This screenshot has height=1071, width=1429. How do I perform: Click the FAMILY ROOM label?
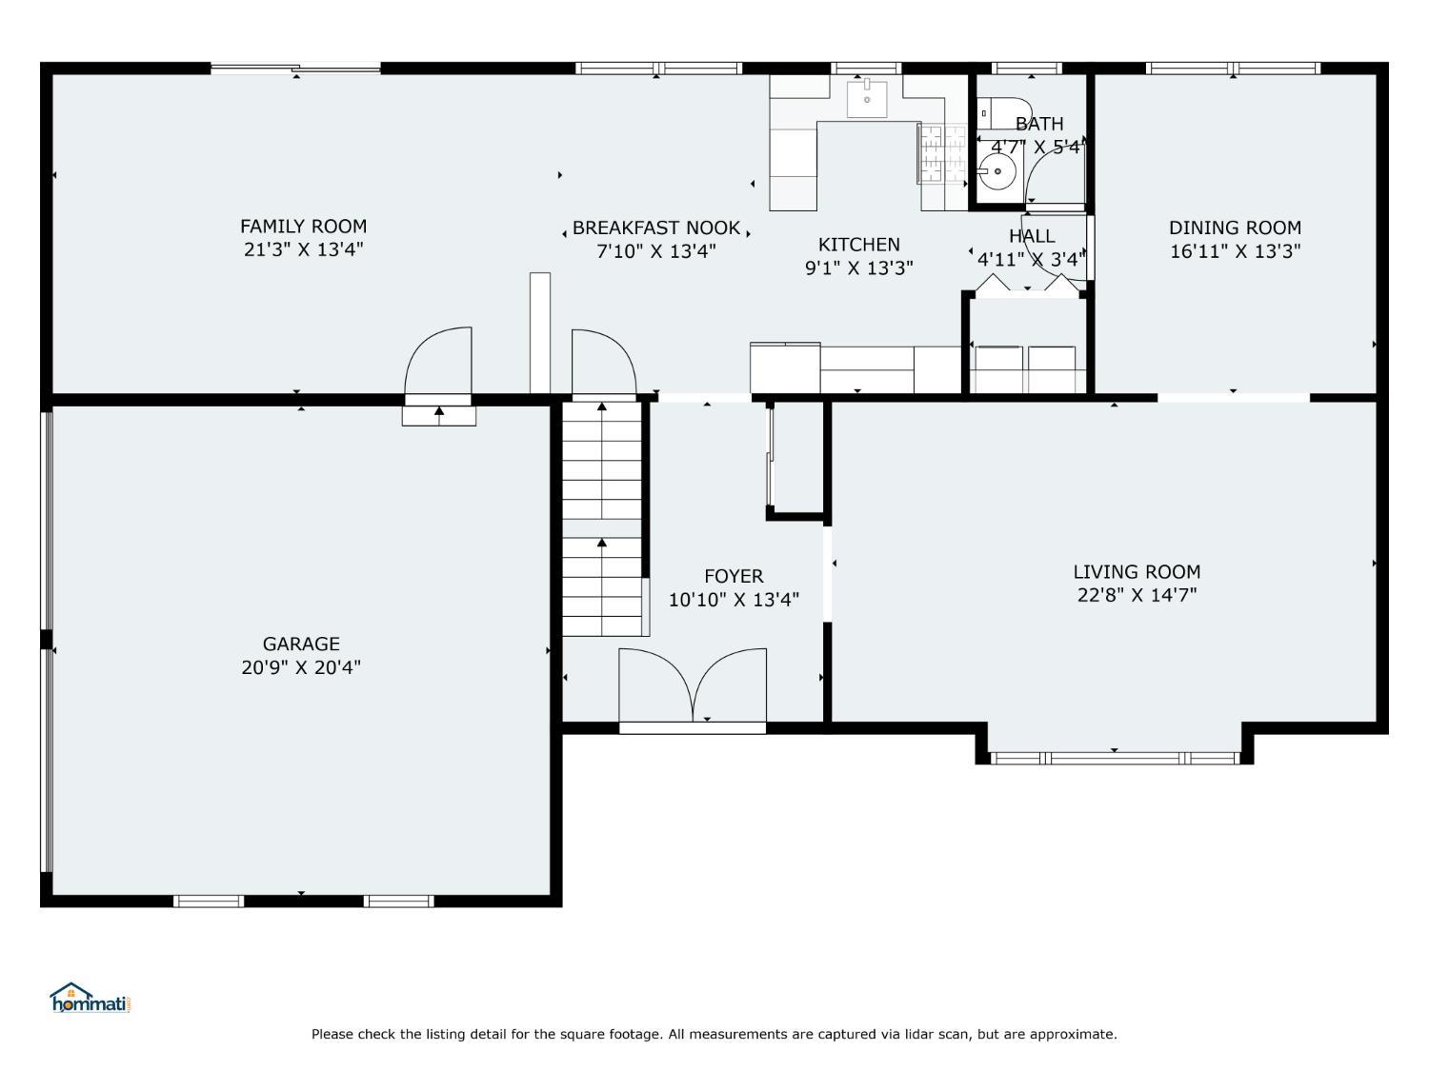click(303, 227)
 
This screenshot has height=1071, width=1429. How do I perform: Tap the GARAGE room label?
click(301, 644)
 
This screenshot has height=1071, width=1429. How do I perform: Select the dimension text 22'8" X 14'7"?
click(1137, 595)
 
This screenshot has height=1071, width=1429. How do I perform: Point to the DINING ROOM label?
click(1235, 228)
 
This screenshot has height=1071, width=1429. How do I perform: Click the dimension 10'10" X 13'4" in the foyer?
click(734, 599)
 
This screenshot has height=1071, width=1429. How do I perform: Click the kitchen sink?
click(867, 100)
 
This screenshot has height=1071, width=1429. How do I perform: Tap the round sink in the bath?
click(997, 171)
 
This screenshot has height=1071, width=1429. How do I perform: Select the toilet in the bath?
click(1002, 114)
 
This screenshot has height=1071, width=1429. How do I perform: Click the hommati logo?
click(90, 998)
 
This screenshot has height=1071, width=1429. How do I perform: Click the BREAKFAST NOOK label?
click(655, 228)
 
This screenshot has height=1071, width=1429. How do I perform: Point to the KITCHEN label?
click(858, 245)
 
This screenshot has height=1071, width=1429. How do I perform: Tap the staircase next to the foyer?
click(603, 518)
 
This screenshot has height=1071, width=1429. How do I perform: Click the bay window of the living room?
click(1115, 758)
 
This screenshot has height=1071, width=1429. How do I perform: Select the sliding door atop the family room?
click(295, 68)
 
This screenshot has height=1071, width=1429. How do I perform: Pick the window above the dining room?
click(1233, 69)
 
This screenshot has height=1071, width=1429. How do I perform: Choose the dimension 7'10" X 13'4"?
click(656, 251)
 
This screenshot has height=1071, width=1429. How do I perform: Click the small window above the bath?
click(1027, 69)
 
